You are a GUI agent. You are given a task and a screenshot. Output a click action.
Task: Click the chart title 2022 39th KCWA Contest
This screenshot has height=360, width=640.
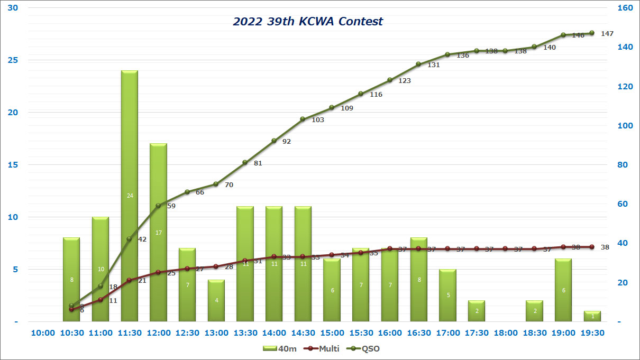[x=308, y=22]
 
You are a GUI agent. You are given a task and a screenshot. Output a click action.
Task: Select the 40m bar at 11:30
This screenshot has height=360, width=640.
[x=130, y=196]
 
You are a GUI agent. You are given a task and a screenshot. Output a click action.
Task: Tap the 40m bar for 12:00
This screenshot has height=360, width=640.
[x=159, y=232]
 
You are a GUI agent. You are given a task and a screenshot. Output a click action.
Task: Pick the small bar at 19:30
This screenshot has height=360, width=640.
[x=592, y=316]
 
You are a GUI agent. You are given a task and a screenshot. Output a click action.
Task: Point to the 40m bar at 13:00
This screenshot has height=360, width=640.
[x=216, y=300]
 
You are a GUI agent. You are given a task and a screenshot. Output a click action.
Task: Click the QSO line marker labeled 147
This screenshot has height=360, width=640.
[x=592, y=33]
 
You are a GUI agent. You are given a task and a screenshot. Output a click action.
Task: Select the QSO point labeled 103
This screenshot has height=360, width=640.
[x=303, y=119]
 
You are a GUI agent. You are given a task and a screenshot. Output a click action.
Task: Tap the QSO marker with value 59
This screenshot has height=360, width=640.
[x=159, y=206]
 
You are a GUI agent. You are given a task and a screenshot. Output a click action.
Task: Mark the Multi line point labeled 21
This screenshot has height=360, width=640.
[x=130, y=280]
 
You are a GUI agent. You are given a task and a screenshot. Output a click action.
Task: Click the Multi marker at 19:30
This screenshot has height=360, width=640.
[x=592, y=247]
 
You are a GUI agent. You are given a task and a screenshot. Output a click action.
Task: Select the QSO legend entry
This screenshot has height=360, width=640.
[x=364, y=348]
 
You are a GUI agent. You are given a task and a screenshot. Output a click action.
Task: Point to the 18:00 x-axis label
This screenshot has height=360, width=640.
[x=505, y=333]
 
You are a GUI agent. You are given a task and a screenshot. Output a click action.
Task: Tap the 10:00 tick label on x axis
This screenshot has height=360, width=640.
[x=43, y=333]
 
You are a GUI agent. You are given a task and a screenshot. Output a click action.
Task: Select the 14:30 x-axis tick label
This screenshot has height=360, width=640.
[x=303, y=333]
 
